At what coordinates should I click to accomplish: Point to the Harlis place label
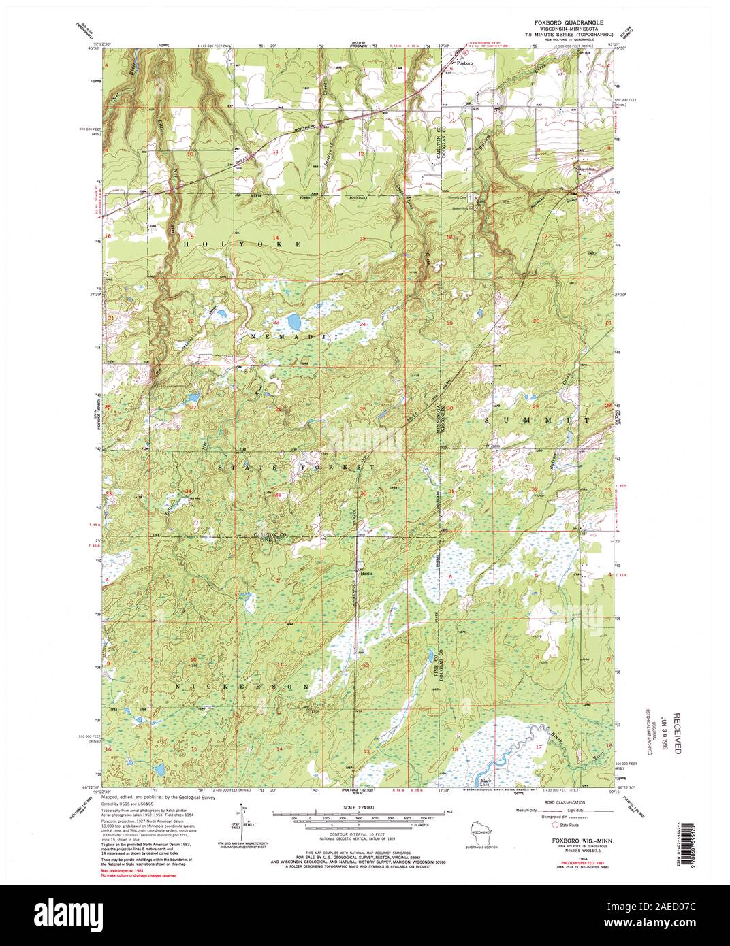point(366,572)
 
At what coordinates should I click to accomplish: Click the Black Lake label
point(485,781)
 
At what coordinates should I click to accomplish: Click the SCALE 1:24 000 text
point(362,807)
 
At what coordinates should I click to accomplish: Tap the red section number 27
point(193,408)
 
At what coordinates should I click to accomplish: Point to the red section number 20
point(536,321)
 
